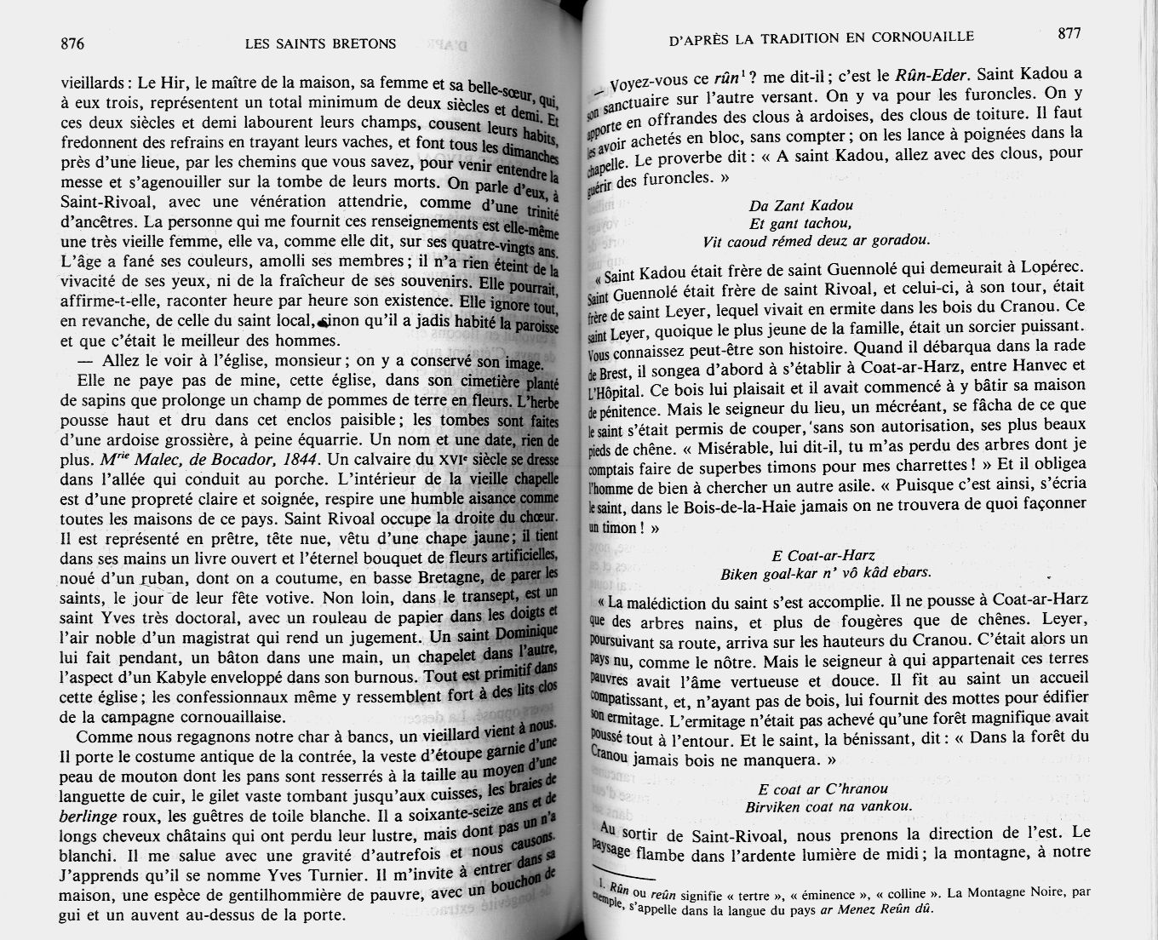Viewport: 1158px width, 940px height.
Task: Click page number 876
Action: (x=72, y=43)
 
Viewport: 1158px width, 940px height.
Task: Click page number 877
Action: (x=1069, y=33)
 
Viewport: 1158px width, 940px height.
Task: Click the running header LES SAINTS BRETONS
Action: (x=319, y=43)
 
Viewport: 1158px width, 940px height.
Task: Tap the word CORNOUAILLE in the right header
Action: (x=927, y=36)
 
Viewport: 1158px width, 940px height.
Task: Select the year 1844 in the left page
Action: (x=295, y=459)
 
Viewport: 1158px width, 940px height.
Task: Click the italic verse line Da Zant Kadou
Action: (x=800, y=205)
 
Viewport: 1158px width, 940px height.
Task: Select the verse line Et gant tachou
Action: (x=800, y=223)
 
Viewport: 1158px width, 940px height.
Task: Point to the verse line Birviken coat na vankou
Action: (x=828, y=805)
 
